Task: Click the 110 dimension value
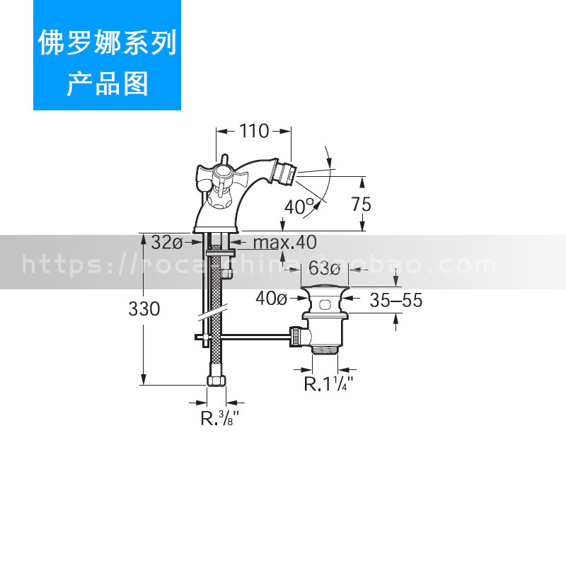[x=254, y=131]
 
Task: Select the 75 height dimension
[x=361, y=204]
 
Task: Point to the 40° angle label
[x=299, y=207]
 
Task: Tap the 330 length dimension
[x=144, y=309]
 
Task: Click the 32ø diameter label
[x=167, y=243]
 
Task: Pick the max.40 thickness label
[x=285, y=243]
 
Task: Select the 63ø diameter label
[x=325, y=269]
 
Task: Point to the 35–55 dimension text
[x=395, y=300]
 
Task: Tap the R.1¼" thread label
[x=329, y=384]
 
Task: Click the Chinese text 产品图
[x=107, y=83]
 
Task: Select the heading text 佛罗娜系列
[x=107, y=44]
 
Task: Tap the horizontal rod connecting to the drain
[x=255, y=335]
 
